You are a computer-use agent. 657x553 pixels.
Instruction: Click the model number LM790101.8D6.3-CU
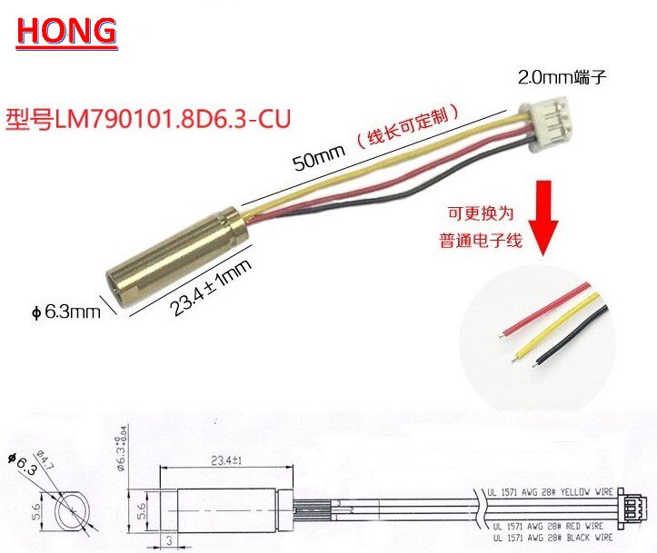point(150,118)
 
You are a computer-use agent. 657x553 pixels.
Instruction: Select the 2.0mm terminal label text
point(560,79)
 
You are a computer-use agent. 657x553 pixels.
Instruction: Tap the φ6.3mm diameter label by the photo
point(65,312)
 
